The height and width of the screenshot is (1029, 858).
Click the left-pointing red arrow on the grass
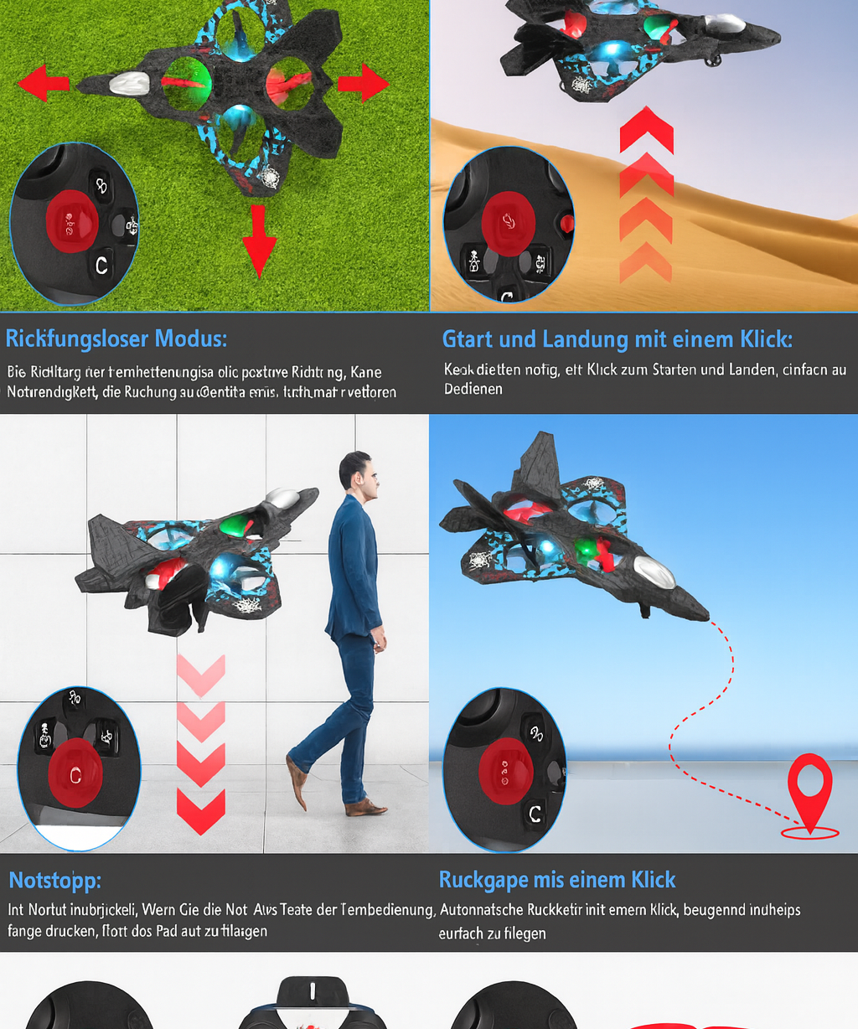pos(43,84)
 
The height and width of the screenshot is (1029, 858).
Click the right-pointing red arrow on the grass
pos(364,83)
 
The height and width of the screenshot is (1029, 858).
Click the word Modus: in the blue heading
pos(189,339)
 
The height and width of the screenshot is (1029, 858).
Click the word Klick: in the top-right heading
pos(765,339)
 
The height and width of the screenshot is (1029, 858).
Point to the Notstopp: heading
pos(54,881)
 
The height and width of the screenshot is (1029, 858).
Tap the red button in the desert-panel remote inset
pos(508,221)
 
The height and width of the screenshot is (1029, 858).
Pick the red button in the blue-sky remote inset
pos(505,768)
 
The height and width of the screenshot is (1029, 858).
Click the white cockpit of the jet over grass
pos(129,83)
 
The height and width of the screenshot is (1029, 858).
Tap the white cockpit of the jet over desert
pos(726,24)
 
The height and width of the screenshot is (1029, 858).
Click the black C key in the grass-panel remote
pos(101,266)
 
